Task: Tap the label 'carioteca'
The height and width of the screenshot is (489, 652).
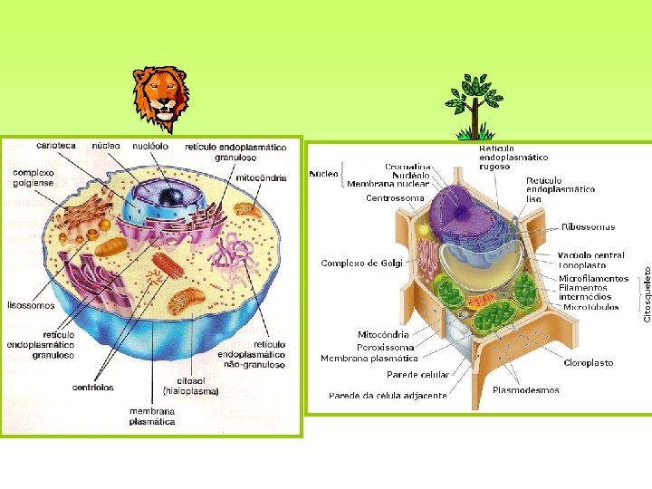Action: coord(56,145)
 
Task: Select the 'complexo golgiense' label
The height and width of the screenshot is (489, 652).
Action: coord(33,177)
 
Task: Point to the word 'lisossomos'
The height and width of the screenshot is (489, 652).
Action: coord(31,305)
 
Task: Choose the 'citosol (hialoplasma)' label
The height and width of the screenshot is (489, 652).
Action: coord(191,386)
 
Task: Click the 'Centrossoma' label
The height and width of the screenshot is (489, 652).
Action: coord(395,197)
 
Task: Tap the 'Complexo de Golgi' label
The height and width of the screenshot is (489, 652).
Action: coord(361,264)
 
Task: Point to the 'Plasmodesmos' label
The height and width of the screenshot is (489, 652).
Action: coord(525,390)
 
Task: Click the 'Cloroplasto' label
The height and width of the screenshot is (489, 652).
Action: coord(589,363)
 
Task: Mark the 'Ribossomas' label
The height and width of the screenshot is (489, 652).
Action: coord(588,226)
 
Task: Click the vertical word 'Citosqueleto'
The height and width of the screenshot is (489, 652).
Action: coord(647,287)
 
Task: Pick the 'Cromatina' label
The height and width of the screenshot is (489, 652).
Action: coord(407,167)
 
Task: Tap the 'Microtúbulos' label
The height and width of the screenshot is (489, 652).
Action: coord(590,307)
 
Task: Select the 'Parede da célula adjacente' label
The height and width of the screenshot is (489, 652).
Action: coord(388,396)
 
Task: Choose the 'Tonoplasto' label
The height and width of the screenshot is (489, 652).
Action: coord(582,266)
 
